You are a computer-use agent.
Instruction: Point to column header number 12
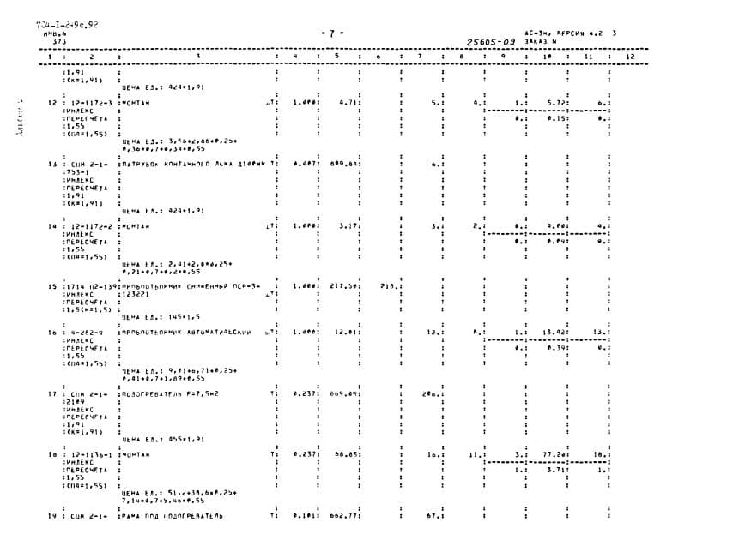630,57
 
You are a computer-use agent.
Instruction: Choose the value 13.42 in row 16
552,332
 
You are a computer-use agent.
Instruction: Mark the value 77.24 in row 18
552,455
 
